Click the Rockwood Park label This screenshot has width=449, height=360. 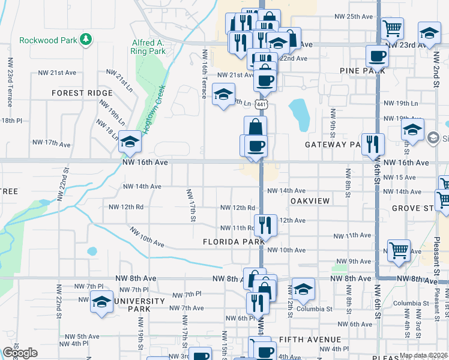pos(49,41)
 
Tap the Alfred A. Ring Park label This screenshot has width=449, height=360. pos(148,47)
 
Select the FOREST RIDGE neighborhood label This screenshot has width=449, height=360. pos(82,93)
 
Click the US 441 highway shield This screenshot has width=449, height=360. pos(261,104)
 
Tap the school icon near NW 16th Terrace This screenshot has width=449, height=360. pos(223,95)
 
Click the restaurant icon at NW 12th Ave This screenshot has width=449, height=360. pos(265,225)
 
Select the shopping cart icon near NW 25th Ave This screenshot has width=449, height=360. pos(392,27)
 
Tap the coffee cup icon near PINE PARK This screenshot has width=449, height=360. pos(377,56)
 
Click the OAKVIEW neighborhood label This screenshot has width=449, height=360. pos(310,201)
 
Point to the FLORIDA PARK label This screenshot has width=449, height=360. pos(234,242)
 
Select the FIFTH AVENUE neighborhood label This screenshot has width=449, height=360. pos(310,340)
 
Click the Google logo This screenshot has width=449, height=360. pos(20,352)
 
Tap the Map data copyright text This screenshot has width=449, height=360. pos(424,355)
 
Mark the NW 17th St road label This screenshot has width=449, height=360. pos(191,205)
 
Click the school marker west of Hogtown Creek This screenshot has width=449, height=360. pos(129,142)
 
